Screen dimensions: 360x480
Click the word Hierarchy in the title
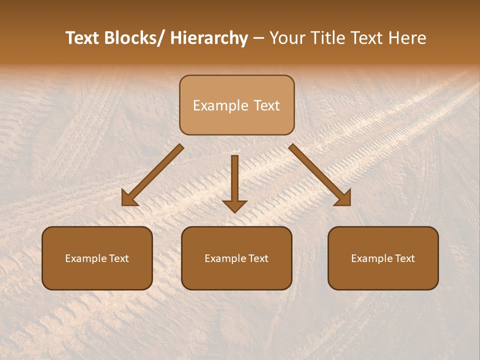point(209,38)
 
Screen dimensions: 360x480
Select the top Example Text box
point(236,105)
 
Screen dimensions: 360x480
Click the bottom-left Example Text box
point(97,258)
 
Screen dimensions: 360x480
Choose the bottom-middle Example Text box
point(236,258)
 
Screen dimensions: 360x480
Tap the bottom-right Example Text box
point(383,258)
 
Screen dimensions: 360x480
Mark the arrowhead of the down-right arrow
point(343,198)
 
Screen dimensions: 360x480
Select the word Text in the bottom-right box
point(405,258)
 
